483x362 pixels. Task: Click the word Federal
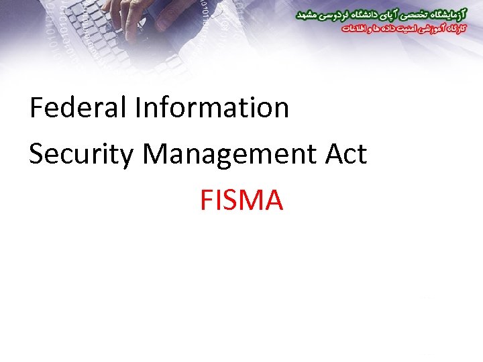click(77, 108)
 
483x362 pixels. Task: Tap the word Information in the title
click(212, 108)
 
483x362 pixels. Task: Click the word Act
click(346, 154)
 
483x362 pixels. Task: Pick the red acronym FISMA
click(241, 200)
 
